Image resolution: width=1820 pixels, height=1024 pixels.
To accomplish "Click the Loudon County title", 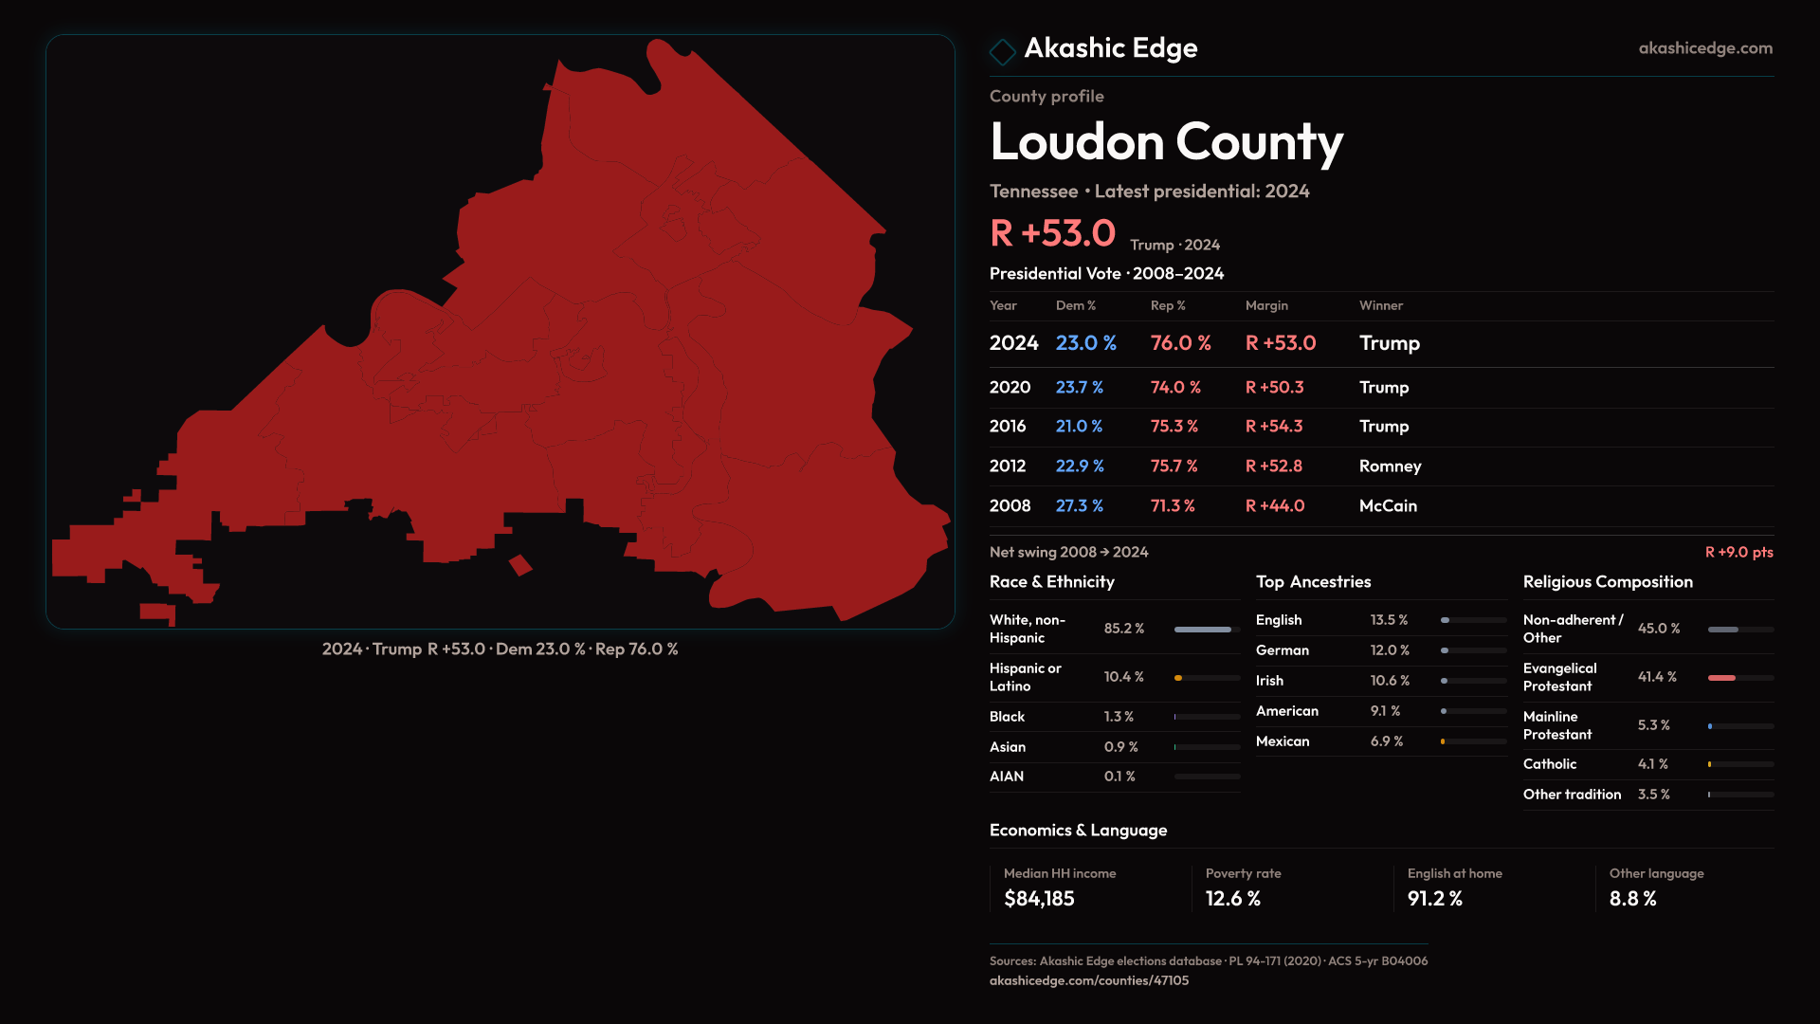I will tap(1166, 142).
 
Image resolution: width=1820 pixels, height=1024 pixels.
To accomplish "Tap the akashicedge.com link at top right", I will tap(1705, 48).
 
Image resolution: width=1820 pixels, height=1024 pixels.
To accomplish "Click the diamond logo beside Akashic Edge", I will tap(1002, 51).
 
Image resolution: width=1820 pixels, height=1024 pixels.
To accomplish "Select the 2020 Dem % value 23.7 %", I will tap(1080, 388).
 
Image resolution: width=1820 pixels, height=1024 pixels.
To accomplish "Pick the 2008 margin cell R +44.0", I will tap(1275, 506).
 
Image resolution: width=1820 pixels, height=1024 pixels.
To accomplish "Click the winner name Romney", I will tap(1390, 466).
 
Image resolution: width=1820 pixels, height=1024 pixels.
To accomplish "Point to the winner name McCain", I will tap(1388, 506).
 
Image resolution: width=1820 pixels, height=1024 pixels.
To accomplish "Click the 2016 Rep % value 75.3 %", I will tap(1174, 427).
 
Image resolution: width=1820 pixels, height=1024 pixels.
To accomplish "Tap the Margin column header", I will tap(1266, 306).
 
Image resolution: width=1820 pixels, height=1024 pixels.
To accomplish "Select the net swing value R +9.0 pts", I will tap(1738, 553).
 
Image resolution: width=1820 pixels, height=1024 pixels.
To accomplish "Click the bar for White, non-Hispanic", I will tap(1203, 630).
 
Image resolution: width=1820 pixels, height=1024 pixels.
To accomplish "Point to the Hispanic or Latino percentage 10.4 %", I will tap(1124, 677).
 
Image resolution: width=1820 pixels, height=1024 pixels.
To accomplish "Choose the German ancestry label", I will tap(1283, 650).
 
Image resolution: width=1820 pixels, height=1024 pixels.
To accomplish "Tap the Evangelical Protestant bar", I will tap(1722, 678).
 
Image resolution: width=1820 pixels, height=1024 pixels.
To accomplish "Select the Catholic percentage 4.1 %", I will tap(1653, 764).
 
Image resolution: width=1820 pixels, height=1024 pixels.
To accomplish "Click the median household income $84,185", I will tap(1039, 899).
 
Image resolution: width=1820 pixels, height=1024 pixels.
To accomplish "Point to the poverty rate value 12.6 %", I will tap(1233, 899).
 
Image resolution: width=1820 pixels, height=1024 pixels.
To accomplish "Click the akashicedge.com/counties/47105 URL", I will tap(1089, 981).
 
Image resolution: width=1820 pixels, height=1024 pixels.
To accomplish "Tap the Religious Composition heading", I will tap(1608, 582).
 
